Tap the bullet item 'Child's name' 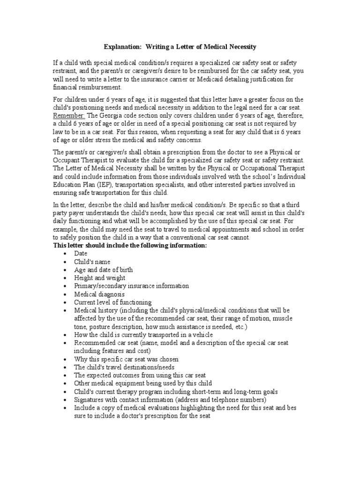click(x=92, y=262)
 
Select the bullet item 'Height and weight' click(x=99, y=278)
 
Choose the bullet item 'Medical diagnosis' click(x=99, y=294)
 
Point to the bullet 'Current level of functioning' click(x=112, y=302)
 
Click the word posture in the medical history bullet click(x=102, y=327)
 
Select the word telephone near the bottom click(x=221, y=400)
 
